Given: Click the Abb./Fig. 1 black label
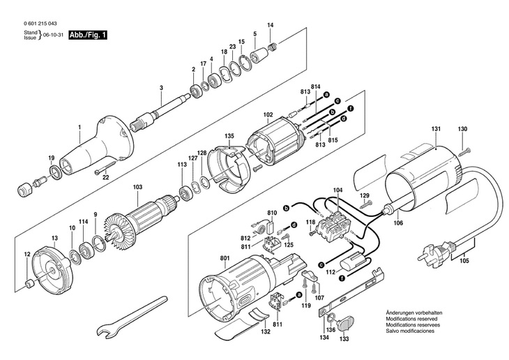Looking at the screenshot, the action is coord(88,35).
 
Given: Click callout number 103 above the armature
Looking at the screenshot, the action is coord(137,187).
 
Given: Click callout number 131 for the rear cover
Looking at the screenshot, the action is coord(436,129).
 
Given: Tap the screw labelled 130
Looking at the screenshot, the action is coord(464,151).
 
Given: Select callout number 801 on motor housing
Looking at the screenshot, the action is coord(225,258).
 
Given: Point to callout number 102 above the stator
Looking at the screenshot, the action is coord(268,114).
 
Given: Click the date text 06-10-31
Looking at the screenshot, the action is coord(53,35).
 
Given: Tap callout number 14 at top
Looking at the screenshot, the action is coord(271,25).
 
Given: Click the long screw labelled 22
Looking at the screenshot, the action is coord(106,167).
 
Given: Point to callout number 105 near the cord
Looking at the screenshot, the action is coord(464,260).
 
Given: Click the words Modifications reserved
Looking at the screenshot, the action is coord(411,319).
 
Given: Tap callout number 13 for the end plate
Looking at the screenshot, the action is coord(54,238).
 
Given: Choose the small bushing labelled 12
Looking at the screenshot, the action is coord(29,284).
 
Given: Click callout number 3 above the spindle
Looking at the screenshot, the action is coord(161,88).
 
